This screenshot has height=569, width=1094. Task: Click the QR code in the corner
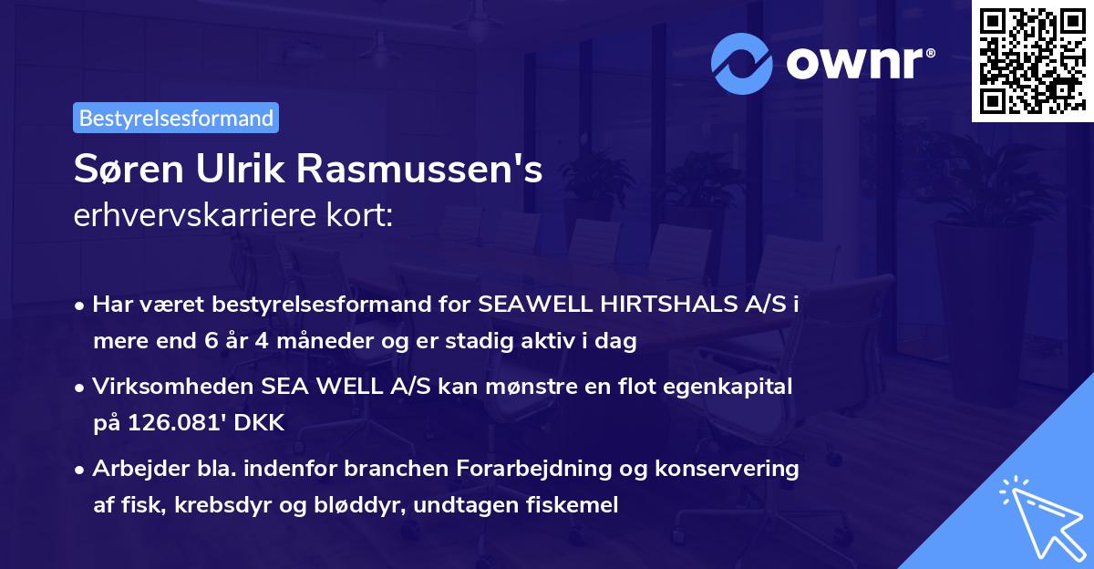coord(1032,60)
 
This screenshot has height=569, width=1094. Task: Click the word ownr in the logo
coord(859,62)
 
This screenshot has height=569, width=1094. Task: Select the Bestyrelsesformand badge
coord(176,118)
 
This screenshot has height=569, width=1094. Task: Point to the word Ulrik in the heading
coord(229,170)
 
